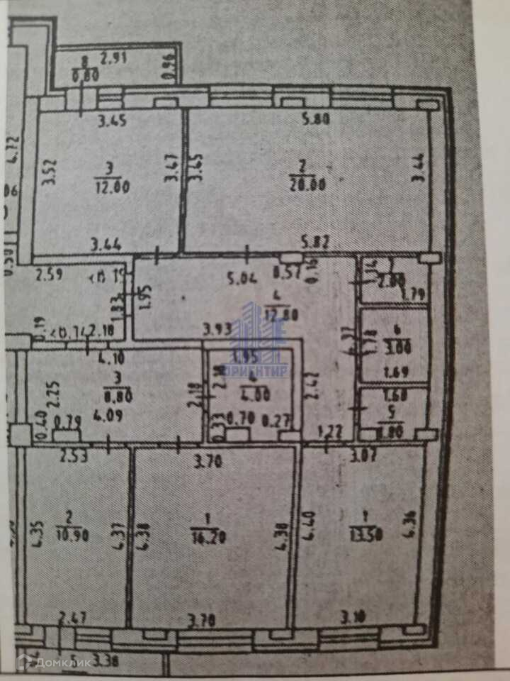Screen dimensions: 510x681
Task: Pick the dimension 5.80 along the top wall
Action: coord(316,120)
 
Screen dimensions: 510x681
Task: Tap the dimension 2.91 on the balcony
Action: coord(113,60)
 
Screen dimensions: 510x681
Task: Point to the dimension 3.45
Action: coord(112,121)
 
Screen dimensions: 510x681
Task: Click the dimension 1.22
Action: coord(327,428)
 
